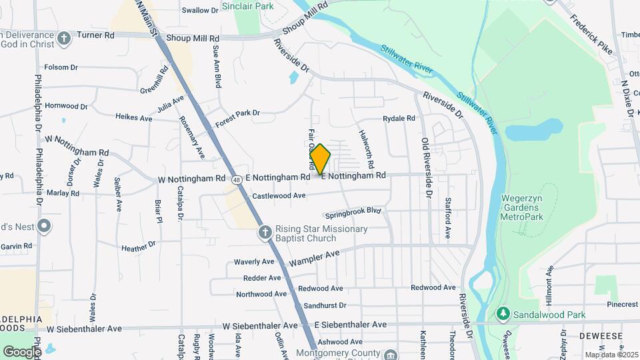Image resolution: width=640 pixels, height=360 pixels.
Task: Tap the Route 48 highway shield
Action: coord(237,179)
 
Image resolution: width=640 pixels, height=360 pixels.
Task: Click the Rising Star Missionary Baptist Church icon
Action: coord(265,232)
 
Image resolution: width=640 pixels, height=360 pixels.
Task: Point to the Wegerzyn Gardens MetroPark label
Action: coord(523,207)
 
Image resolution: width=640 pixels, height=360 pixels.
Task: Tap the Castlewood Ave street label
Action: coord(279,196)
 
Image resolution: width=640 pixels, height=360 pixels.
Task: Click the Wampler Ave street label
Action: coord(315,257)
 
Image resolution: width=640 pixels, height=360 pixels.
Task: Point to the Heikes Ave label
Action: coord(134,118)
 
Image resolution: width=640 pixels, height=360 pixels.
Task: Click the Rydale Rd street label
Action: coord(399,119)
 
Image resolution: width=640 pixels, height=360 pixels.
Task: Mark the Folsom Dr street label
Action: coord(61,67)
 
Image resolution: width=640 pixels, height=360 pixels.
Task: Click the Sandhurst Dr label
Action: coord(325,305)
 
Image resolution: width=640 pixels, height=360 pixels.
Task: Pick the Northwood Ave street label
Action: coord(261,294)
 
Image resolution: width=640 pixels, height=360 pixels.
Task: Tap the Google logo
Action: coord(21,351)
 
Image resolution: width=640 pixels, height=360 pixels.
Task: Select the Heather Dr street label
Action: coord(139,247)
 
